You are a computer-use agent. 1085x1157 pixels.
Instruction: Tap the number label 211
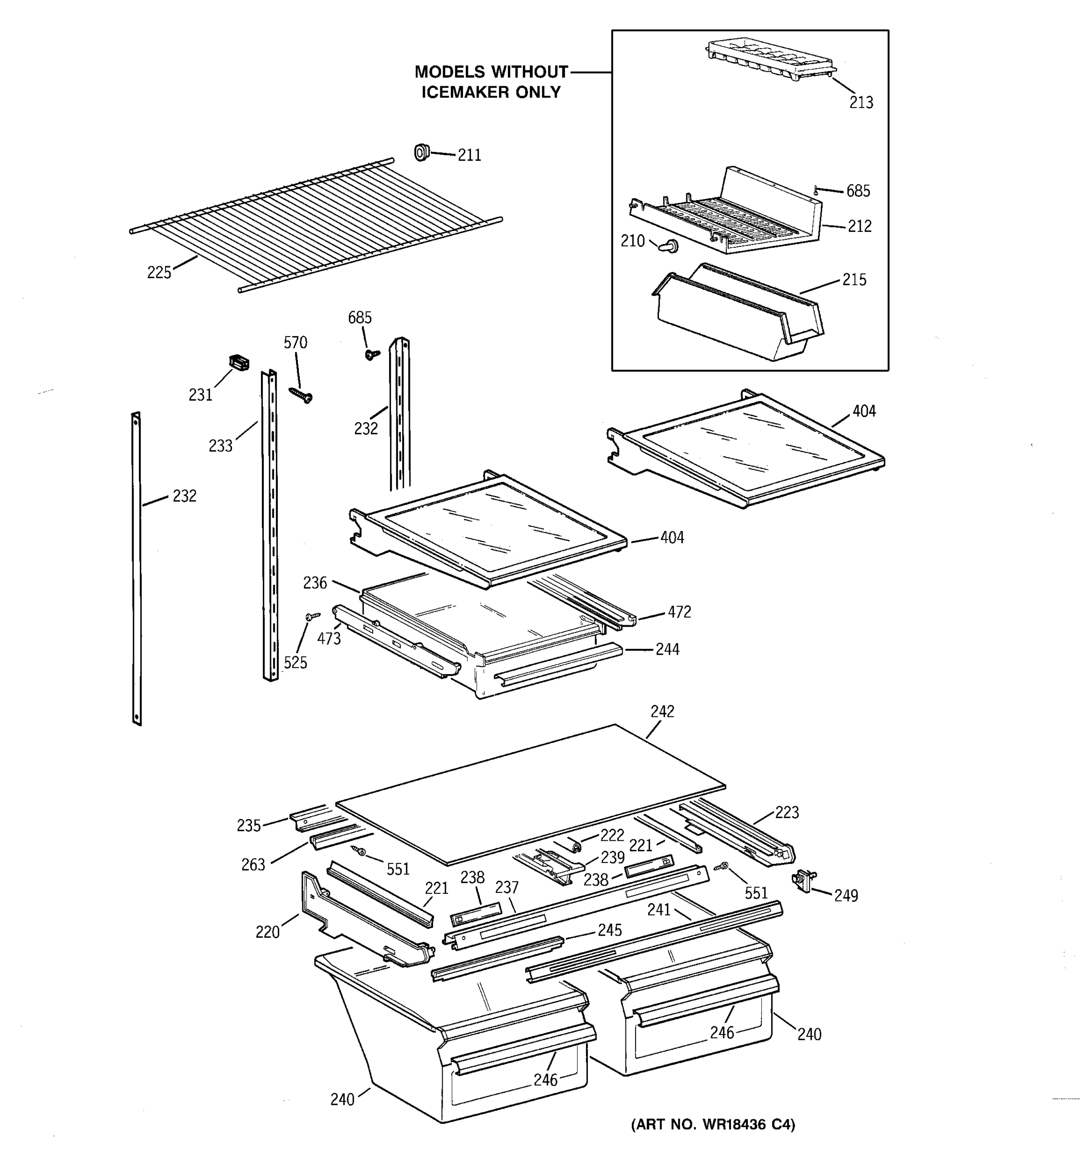pos(469,155)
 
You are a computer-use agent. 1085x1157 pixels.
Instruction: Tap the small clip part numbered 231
pos(239,363)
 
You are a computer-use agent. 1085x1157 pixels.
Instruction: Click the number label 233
pos(220,446)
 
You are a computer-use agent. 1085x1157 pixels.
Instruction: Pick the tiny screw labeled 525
pos(312,615)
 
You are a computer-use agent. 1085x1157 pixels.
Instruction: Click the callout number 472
pos(678,612)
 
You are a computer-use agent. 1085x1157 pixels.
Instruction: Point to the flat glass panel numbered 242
pos(529,792)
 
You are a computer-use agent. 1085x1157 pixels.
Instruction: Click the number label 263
pos(253,865)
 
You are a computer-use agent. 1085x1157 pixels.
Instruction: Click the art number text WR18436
pos(733,1124)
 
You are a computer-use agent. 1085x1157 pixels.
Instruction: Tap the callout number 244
pos(667,649)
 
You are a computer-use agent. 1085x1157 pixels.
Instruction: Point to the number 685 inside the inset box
pos(857,191)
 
